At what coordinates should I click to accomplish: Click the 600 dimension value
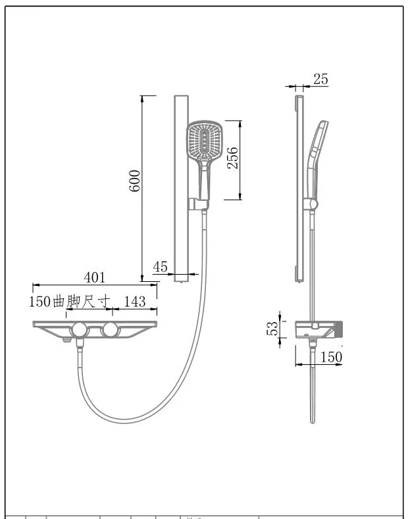click(x=134, y=180)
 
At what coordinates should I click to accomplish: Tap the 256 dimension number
click(x=232, y=158)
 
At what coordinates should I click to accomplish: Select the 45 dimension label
click(x=161, y=267)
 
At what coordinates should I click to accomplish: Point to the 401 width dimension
click(x=95, y=277)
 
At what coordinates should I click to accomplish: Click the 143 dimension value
click(x=134, y=302)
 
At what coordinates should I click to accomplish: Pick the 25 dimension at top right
click(x=320, y=79)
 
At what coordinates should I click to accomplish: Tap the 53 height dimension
click(x=272, y=329)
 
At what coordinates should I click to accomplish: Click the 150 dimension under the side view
click(x=331, y=357)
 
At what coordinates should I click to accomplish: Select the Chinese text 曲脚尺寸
click(x=82, y=301)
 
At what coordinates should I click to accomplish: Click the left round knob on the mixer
click(x=80, y=330)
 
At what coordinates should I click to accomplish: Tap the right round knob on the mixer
click(x=111, y=329)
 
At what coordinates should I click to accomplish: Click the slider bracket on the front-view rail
click(x=199, y=204)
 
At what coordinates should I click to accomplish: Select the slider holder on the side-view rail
click(x=311, y=205)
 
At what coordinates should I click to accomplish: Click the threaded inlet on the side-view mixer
click(x=338, y=330)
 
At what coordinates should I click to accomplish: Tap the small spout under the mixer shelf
click(x=66, y=340)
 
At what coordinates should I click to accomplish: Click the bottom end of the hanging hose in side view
click(x=313, y=422)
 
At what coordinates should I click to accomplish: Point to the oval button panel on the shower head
click(x=205, y=140)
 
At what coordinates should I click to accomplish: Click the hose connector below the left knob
click(x=80, y=344)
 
